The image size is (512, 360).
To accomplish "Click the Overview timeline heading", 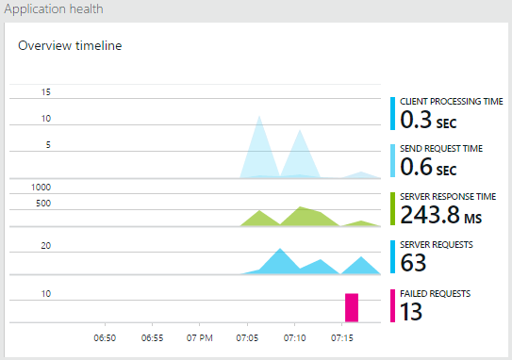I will [69, 45].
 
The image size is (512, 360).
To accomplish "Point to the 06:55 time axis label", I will [152, 336].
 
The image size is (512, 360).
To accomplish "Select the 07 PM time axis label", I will [199, 336].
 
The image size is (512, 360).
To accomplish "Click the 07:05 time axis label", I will [247, 336].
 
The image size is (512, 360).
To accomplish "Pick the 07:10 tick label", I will [294, 336].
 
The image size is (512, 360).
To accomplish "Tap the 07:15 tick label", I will [342, 336].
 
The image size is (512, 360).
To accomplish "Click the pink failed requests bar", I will [352, 308].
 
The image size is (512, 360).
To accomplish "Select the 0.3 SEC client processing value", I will [428, 120].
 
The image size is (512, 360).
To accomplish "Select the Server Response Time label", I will [447, 196].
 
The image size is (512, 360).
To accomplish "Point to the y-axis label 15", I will [46, 92].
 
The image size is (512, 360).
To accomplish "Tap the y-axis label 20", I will [45, 246].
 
